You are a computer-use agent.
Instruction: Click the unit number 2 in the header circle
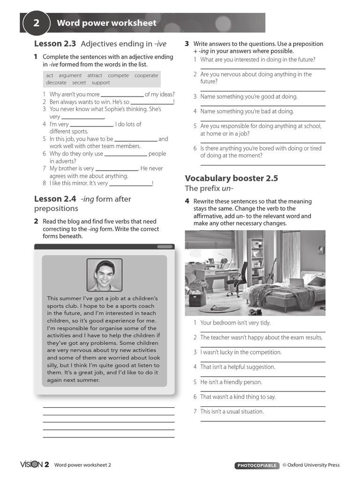(36, 23)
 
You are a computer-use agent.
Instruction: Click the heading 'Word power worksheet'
(106, 23)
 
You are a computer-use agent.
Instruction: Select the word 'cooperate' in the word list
(146, 75)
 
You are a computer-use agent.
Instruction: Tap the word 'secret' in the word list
(79, 83)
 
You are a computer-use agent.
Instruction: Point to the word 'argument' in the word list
(70, 75)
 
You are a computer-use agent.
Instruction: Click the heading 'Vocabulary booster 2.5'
(231, 178)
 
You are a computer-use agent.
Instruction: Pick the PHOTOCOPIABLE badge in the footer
(256, 465)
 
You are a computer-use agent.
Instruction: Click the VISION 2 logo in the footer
(34, 465)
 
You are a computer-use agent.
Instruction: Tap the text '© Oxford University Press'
(311, 465)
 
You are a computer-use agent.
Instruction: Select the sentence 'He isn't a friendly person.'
(231, 382)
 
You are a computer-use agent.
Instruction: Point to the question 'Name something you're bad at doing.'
(247, 112)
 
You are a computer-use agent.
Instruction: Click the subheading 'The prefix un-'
(209, 188)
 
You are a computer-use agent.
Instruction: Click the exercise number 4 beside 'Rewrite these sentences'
(187, 201)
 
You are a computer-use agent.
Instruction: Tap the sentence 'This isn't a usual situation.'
(232, 412)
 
